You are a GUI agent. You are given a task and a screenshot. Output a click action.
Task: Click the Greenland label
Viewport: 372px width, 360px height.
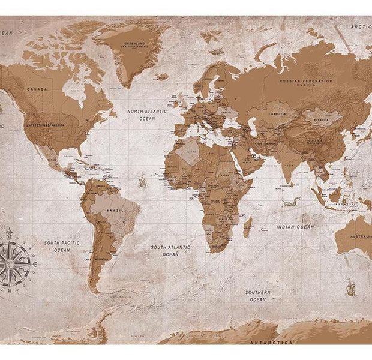click(133, 45)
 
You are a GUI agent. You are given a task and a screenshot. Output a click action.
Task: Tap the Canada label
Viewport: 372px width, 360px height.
click(37, 89)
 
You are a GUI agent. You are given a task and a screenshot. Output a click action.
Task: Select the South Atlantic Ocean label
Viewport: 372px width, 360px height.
click(170, 250)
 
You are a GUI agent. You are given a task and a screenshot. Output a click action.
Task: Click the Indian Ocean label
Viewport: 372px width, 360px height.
click(295, 227)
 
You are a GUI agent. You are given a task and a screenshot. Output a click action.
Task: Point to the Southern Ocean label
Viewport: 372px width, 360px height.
click(258, 295)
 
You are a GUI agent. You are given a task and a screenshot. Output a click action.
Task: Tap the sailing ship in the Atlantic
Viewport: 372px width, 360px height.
click(142, 179)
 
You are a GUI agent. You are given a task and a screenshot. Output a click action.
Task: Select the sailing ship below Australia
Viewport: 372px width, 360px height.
click(350, 287)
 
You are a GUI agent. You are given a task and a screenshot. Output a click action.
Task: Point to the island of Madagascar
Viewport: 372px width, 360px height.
click(247, 227)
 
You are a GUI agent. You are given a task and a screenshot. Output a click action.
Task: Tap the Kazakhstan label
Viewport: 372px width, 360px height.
click(277, 113)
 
